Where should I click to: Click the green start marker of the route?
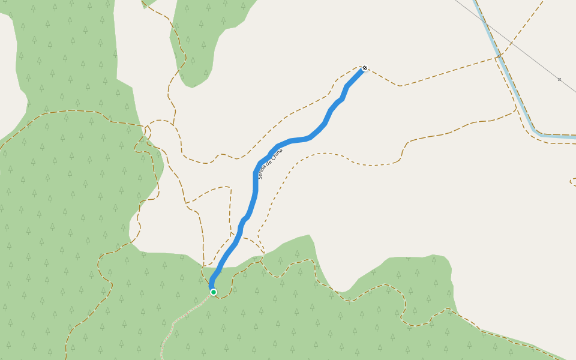click(x=213, y=292)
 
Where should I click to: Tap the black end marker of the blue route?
click(x=364, y=68)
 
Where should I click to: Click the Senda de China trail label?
click(x=270, y=163)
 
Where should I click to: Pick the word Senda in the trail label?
click(x=262, y=173)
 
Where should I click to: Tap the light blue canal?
click(x=510, y=78)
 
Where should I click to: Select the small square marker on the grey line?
click(x=559, y=79)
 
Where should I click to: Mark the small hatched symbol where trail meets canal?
click(x=499, y=56)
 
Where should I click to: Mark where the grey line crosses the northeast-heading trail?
click(x=512, y=43)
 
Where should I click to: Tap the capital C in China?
click(x=273, y=159)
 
